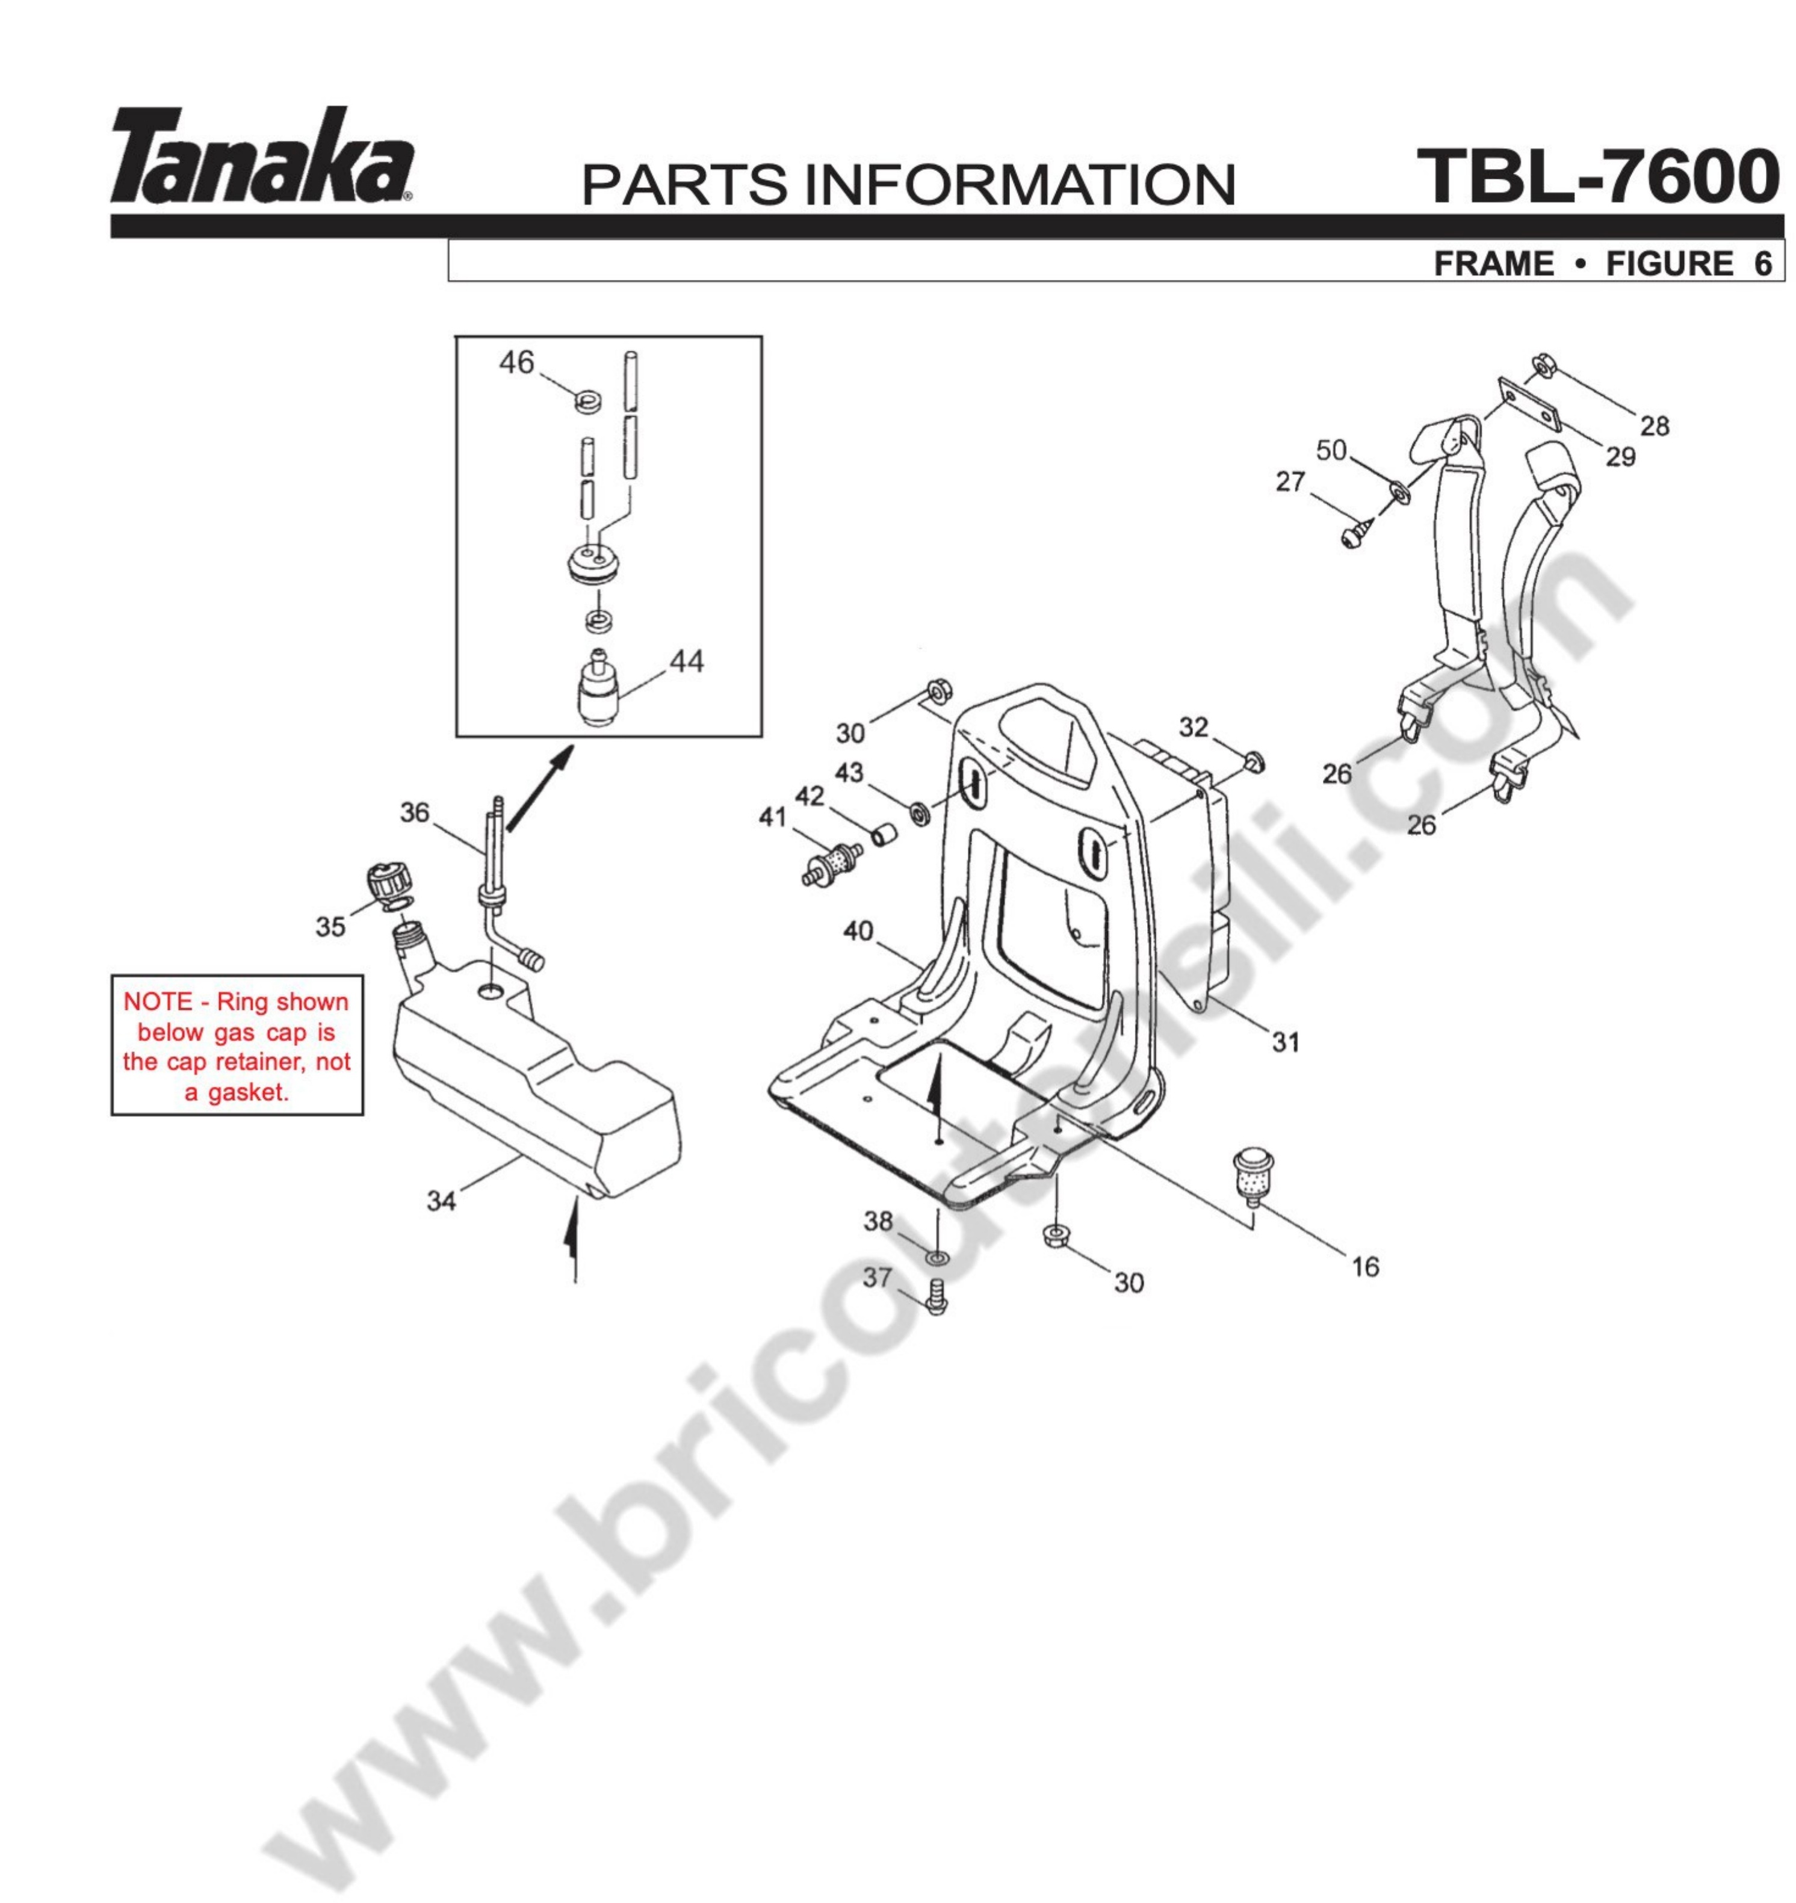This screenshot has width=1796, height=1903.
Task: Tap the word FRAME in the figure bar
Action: click(1493, 263)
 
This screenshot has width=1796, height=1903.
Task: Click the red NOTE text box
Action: click(237, 1045)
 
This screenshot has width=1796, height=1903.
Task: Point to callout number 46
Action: click(517, 363)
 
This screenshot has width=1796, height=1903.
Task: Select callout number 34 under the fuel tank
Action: click(441, 1201)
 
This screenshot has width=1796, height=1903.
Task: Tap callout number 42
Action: click(809, 796)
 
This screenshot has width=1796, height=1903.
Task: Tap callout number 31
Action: click(1286, 1042)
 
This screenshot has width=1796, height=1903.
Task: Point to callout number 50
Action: click(1332, 450)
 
